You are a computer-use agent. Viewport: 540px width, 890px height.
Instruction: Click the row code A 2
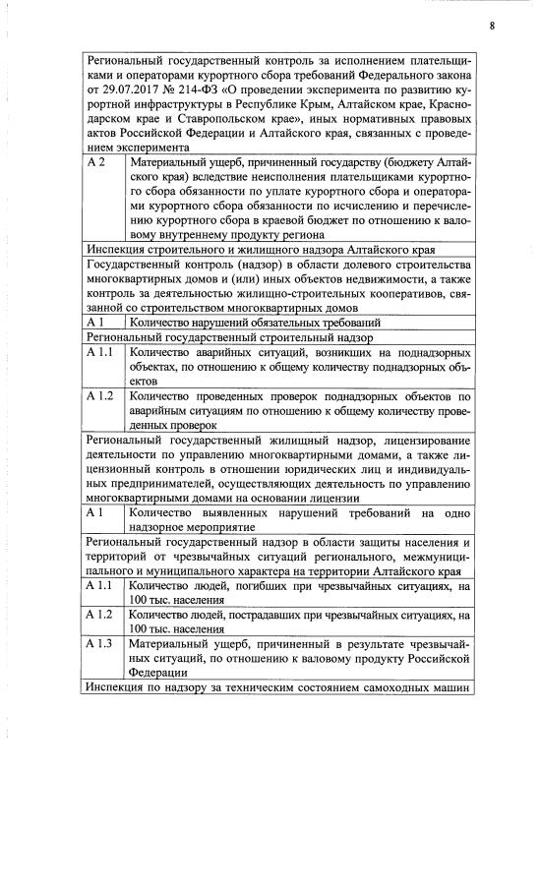96,160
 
